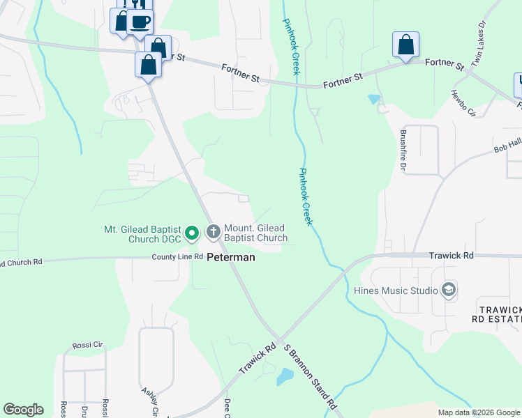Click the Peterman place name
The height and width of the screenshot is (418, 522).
point(230,257)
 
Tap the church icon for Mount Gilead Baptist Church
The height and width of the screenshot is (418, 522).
point(213,231)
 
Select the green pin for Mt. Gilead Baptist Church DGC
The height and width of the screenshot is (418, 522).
point(193,232)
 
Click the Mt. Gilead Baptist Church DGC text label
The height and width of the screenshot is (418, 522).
point(142,233)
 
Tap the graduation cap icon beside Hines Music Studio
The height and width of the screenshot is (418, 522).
point(449,290)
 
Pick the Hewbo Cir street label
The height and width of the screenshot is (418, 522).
point(463,103)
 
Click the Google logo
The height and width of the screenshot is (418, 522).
point(23,410)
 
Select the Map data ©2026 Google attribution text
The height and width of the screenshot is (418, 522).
point(479,412)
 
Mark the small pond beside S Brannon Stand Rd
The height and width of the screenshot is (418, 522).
point(285,378)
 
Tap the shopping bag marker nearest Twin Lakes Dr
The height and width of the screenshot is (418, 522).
point(405,45)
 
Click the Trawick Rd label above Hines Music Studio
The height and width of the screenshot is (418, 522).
point(451,256)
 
